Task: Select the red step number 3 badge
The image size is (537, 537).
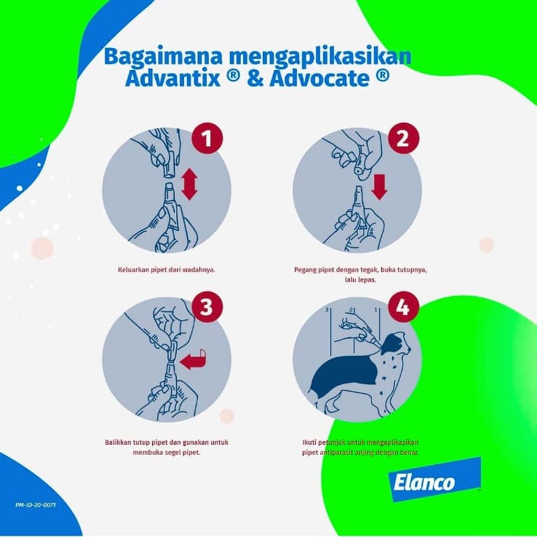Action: click(x=207, y=307)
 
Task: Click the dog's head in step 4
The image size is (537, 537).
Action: click(x=396, y=346)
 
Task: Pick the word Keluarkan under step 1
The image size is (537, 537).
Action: click(x=133, y=271)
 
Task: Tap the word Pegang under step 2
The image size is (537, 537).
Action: click(x=305, y=271)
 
